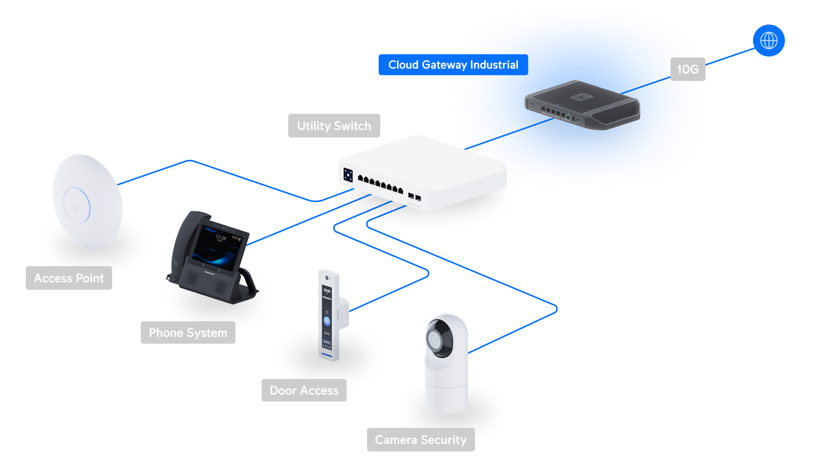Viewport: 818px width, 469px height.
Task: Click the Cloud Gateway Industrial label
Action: point(453,65)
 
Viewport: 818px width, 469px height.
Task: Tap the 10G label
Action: point(687,69)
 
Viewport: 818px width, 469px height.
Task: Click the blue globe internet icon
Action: point(768,40)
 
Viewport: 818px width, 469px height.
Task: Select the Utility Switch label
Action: point(334,126)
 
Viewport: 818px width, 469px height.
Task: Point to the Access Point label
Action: point(69,278)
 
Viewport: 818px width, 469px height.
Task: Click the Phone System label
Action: point(188,332)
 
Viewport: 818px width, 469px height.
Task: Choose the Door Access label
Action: point(304,390)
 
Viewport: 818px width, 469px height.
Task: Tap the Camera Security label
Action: point(420,440)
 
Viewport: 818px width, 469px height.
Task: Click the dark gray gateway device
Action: point(582,105)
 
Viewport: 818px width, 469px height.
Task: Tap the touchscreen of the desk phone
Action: point(218,248)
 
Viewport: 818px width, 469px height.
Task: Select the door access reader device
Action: point(328,315)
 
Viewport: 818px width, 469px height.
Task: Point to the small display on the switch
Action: point(348,175)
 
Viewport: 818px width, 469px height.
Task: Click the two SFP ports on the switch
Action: point(415,197)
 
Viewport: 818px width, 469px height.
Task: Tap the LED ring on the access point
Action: point(77,205)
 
